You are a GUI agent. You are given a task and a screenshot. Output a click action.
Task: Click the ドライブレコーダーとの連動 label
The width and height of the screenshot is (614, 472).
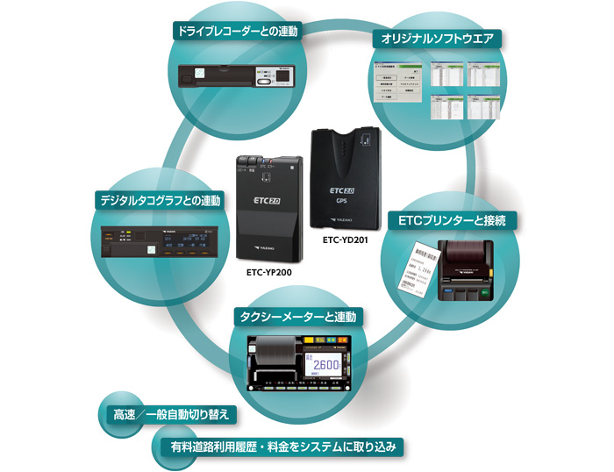click(x=237, y=32)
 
